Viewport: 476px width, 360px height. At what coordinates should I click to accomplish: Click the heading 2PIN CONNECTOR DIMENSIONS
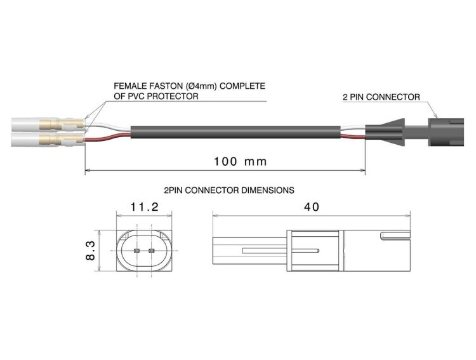(228, 189)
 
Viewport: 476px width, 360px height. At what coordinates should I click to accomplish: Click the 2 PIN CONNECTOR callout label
(381, 97)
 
